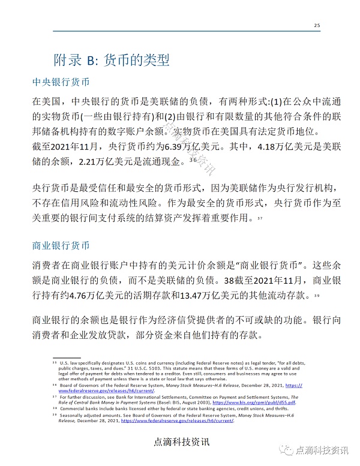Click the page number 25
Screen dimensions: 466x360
point(317,25)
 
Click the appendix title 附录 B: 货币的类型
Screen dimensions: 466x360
point(112,60)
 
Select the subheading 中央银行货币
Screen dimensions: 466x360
point(61,82)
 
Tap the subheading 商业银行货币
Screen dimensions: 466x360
point(61,246)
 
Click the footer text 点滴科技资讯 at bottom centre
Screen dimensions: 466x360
point(181,443)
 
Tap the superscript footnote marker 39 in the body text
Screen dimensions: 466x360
point(315,296)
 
